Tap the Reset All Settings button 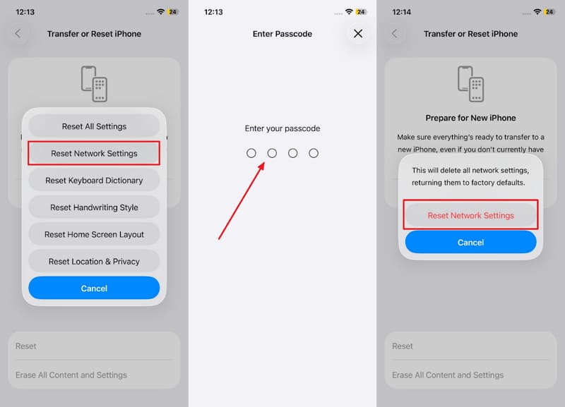point(94,126)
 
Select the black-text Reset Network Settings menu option point(94,153)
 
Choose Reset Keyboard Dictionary point(94,181)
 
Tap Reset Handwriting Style point(94,207)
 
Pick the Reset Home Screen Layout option point(94,234)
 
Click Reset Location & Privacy point(94,261)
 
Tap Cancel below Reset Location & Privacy point(94,288)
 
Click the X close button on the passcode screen point(358,34)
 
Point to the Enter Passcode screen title point(282,34)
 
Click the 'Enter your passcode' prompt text point(282,128)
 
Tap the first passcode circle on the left point(251,153)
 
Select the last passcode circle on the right point(314,153)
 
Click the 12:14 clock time point(403,12)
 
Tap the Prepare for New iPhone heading point(470,118)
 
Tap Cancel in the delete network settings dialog point(470,242)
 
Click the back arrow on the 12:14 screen point(394,34)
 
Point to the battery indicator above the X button point(362,12)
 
